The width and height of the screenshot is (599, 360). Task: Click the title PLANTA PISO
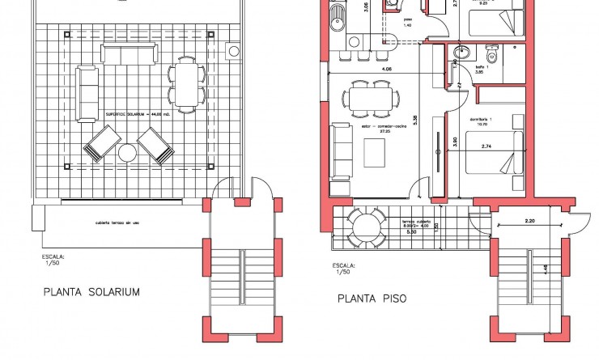click(x=372, y=299)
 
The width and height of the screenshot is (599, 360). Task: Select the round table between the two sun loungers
click(x=128, y=152)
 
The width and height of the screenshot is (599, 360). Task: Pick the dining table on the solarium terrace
click(x=185, y=84)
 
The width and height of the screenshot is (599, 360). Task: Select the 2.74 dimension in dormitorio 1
click(x=487, y=146)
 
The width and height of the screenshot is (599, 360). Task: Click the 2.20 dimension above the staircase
click(x=530, y=220)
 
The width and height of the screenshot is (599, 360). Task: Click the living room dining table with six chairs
click(x=369, y=100)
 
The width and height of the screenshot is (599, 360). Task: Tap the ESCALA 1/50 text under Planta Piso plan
click(x=345, y=268)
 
